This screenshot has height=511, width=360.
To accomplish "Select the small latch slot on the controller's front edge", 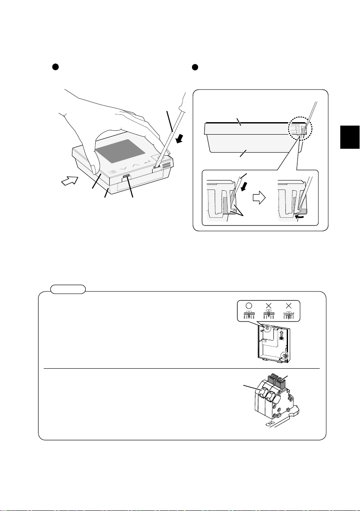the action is (x=126, y=176).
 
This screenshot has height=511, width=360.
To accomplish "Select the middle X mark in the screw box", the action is (x=269, y=305).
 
